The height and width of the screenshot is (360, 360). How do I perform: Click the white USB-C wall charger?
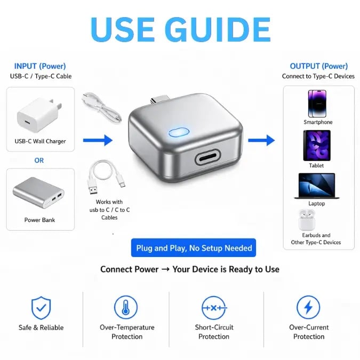(39, 115)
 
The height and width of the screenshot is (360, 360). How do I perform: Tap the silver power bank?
(38, 193)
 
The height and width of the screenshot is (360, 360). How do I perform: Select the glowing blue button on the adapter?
(179, 132)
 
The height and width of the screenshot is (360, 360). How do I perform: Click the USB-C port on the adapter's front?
(207, 157)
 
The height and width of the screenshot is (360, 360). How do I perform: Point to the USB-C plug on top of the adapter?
(159, 100)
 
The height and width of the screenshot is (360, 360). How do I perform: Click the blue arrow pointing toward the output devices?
(261, 140)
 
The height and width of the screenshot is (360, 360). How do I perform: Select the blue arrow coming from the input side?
(98, 140)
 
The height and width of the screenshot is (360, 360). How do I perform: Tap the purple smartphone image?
(317, 103)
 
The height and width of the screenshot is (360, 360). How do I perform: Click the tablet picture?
(317, 146)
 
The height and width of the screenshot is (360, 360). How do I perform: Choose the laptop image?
(317, 186)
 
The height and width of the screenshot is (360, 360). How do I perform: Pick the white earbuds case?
(307, 220)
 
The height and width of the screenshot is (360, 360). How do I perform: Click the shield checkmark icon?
(41, 308)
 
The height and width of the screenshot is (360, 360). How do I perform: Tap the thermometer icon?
(126, 307)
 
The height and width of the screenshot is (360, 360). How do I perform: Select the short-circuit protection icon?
(214, 308)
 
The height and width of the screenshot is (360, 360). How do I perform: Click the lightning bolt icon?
(308, 307)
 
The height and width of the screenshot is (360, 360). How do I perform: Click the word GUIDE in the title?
(218, 30)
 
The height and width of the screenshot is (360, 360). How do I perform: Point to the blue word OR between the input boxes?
(39, 160)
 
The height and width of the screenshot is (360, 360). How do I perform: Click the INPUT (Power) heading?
(40, 66)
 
